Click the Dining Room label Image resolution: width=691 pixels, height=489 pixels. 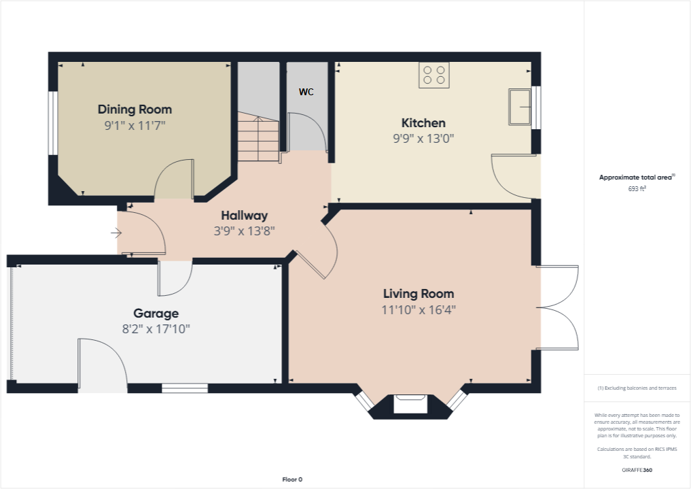pos(135,109)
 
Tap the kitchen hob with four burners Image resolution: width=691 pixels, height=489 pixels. pos(434,75)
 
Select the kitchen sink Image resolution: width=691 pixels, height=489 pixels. pos(520,107)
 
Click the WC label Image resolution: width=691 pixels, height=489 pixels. pos(306,92)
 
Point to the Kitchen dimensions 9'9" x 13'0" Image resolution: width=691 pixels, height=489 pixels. pos(423,138)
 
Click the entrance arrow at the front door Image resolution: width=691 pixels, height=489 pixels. pos(116,233)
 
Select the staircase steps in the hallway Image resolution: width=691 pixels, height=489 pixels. pos(258,139)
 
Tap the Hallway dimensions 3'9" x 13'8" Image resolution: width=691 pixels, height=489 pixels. pos(243,231)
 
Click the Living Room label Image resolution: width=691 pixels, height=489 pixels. pos(419,294)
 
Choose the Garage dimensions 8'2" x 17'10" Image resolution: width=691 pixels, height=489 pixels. pos(156,329)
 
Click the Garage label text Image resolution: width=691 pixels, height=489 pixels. pos(156,314)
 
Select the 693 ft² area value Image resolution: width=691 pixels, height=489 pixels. pos(636,189)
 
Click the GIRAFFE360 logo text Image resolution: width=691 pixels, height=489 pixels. pos(637,470)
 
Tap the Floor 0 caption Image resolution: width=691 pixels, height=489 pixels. pos(292,479)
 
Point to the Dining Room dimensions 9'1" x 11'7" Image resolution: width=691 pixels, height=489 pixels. pos(135,125)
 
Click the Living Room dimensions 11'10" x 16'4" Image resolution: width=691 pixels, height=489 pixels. pos(419,310)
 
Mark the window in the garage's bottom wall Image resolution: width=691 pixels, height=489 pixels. pos(184,388)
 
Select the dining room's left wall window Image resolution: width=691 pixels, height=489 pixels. pos(52,123)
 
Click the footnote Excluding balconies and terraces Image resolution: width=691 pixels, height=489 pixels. pos(636,388)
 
